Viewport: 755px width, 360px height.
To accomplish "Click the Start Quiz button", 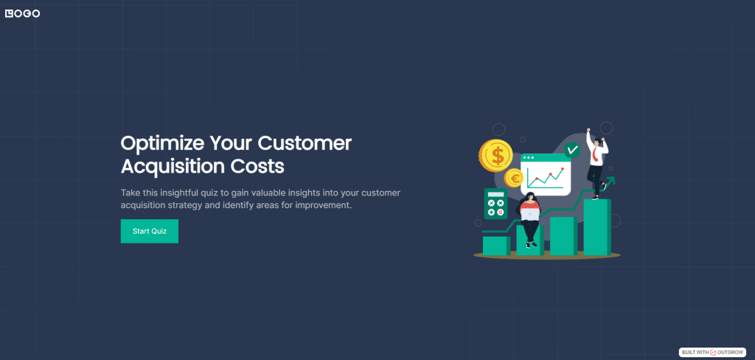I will click(x=150, y=231).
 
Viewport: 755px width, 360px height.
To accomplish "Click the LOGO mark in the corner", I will click(x=22, y=13).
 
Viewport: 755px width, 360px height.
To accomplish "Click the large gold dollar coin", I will click(x=495, y=155).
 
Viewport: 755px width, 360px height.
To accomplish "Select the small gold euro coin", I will click(x=514, y=178).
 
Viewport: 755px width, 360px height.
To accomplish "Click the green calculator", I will click(x=495, y=204).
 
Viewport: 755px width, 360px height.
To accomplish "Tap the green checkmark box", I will click(x=571, y=150).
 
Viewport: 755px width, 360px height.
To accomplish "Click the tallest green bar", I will click(x=596, y=226).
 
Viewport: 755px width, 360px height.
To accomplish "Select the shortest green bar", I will click(x=495, y=245).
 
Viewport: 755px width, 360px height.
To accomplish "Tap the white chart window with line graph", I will click(x=546, y=174).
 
